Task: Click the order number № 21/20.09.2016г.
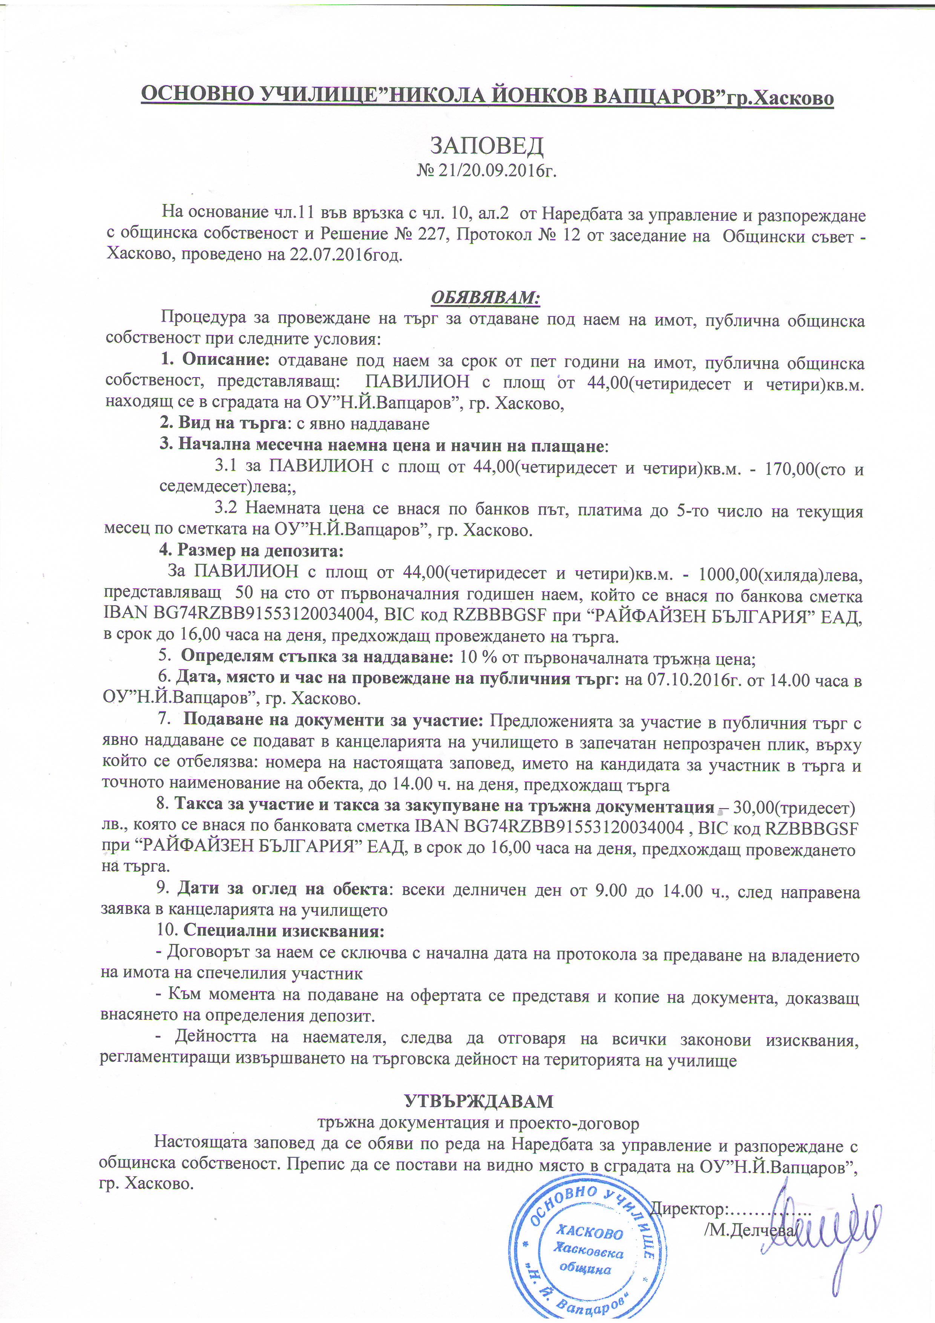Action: pyautogui.click(x=487, y=171)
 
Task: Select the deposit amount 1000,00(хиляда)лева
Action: pyautogui.click(x=780, y=574)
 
